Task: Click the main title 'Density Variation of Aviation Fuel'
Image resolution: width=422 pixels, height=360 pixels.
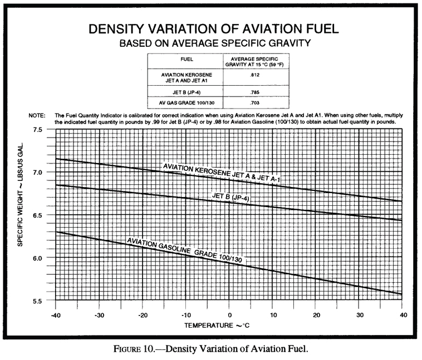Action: coord(210,30)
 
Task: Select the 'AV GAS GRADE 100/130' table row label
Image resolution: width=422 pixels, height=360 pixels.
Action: coord(183,103)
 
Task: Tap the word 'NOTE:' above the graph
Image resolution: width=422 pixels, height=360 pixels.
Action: coord(37,115)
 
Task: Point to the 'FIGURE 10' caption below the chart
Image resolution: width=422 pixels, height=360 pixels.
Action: coord(210,349)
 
